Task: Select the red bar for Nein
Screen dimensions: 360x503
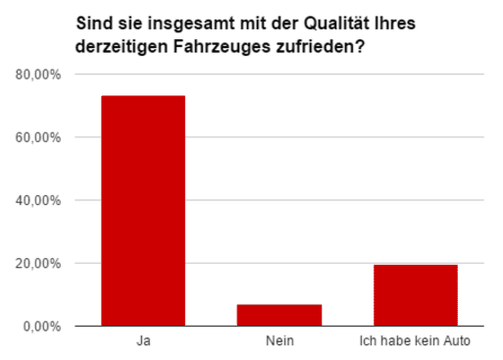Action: (x=279, y=315)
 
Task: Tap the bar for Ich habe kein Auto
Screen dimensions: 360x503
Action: (x=415, y=295)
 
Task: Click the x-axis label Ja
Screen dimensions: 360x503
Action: (x=143, y=341)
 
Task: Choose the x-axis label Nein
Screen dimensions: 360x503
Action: (x=279, y=341)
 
